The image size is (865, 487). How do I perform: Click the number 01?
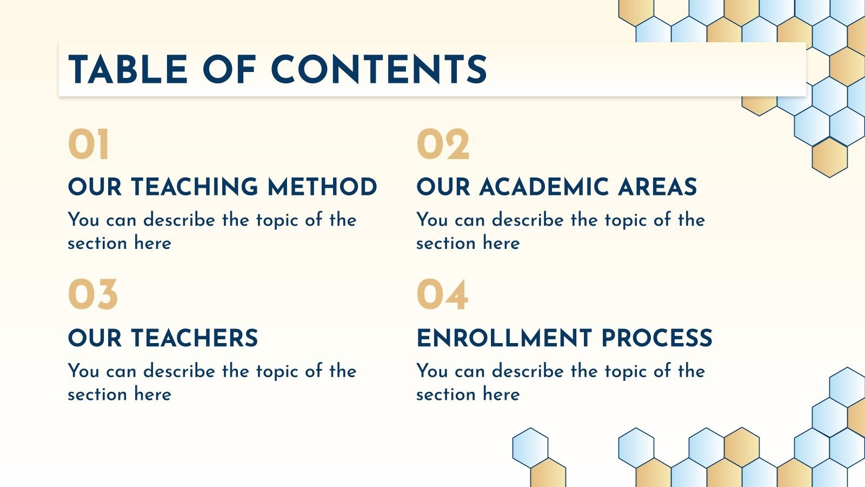[89, 145]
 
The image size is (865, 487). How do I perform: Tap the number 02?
[443, 145]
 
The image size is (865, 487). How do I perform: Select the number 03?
[92, 295]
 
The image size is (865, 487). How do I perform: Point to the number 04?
[442, 295]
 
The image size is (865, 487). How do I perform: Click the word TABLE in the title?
[128, 70]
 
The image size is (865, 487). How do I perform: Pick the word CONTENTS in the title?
[379, 70]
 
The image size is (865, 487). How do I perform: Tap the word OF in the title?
[229, 70]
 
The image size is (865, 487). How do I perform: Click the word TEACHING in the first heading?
[195, 187]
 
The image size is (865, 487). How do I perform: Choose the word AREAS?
[657, 187]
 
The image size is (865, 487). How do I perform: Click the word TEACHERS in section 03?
[195, 338]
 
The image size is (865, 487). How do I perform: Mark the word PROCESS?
[657, 338]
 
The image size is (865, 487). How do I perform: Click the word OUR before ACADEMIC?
[443, 187]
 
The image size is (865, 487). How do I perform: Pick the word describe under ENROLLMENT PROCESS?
[528, 371]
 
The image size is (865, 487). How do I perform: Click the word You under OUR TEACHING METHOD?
[83, 220]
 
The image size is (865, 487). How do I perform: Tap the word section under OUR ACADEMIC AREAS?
[445, 243]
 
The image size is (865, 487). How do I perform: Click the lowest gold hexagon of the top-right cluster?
[829, 157]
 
